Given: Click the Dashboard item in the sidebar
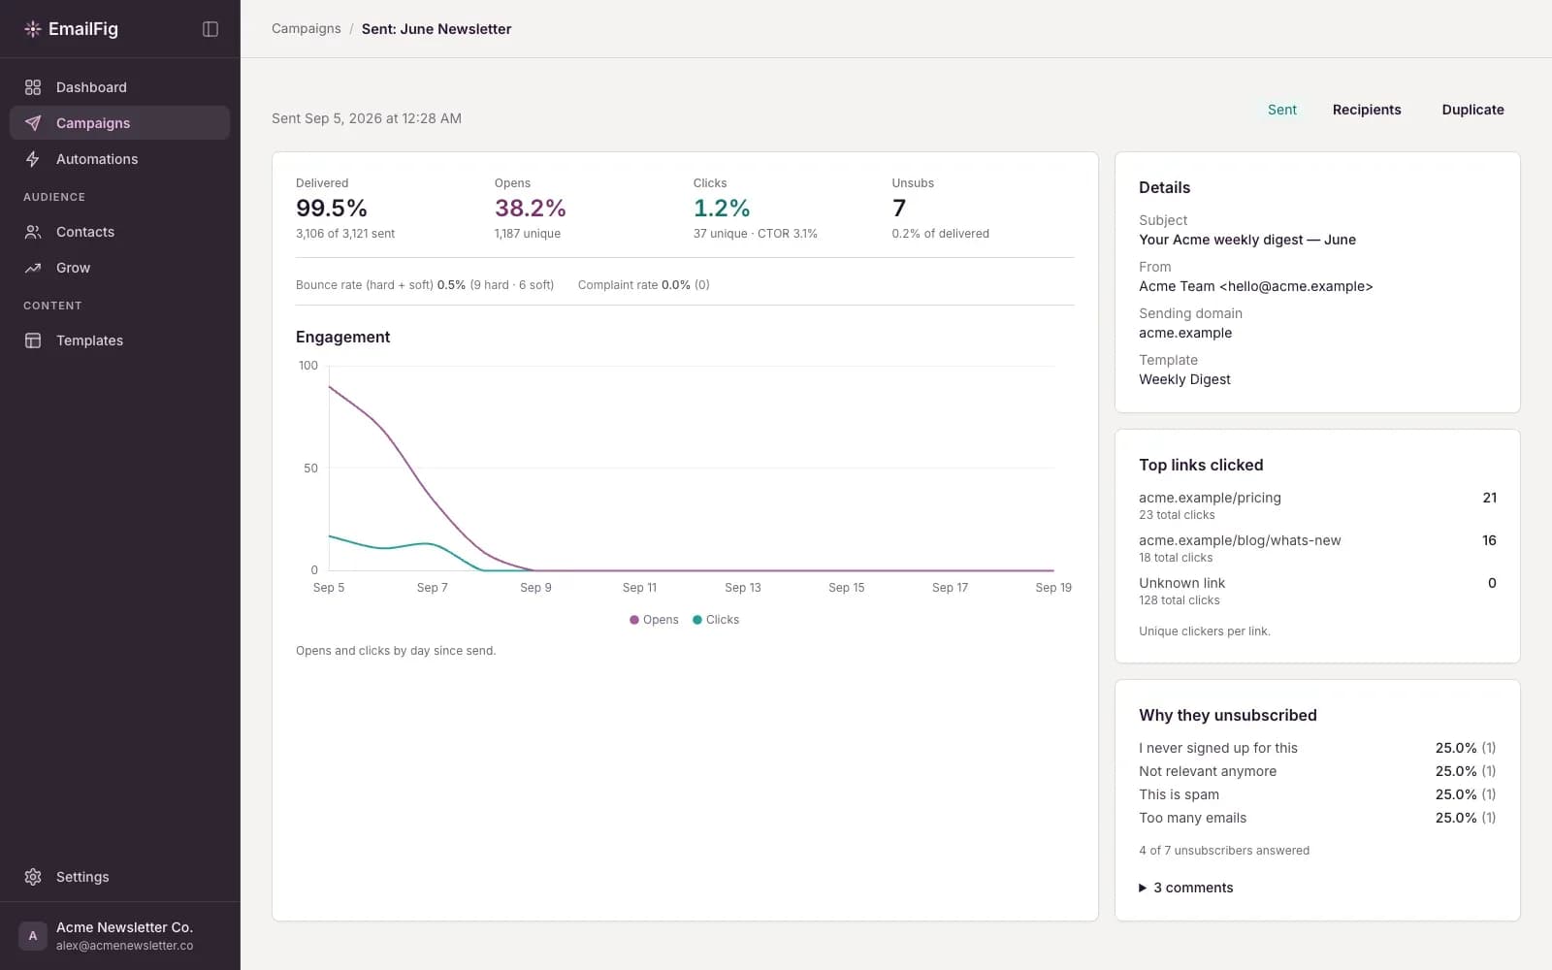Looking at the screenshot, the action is pyautogui.click(x=91, y=87).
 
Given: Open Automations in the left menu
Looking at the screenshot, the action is pyautogui.click(x=96, y=159).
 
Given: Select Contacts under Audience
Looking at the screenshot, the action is pyautogui.click(x=84, y=232).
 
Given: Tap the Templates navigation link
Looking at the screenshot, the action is pyautogui.click(x=89, y=340).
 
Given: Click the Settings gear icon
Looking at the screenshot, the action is pyautogui.click(x=33, y=877).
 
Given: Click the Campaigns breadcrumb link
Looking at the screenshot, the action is pyautogui.click(x=307, y=28).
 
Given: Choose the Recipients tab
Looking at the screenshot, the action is pyautogui.click(x=1367, y=110).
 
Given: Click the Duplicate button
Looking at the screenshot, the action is pyautogui.click(x=1472, y=110).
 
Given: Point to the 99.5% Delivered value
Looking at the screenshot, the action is pyautogui.click(x=331, y=208).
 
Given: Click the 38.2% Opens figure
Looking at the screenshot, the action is pyautogui.click(x=530, y=208).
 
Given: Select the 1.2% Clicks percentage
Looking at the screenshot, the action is pyautogui.click(x=722, y=208).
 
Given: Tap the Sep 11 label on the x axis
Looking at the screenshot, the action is pyautogui.click(x=639, y=588).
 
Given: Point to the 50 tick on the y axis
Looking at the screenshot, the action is pyautogui.click(x=310, y=469).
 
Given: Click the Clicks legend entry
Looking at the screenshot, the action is pyautogui.click(x=716, y=620).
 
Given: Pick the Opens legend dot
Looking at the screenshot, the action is pyautogui.click(x=634, y=620).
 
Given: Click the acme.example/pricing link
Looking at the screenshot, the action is pyautogui.click(x=1210, y=499).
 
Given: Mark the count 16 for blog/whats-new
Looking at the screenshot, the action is pyautogui.click(x=1489, y=540).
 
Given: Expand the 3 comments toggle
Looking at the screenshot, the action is pyautogui.click(x=1185, y=889).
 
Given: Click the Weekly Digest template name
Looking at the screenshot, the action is pyautogui.click(x=1184, y=379).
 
